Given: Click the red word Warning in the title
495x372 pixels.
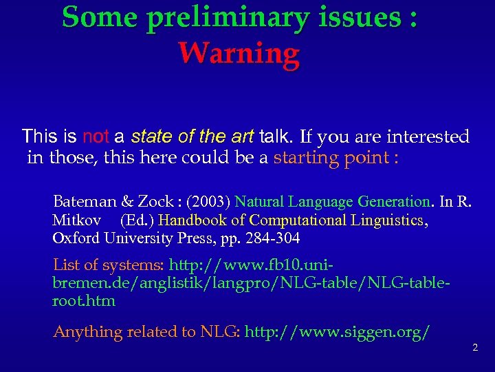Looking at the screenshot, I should [x=239, y=52].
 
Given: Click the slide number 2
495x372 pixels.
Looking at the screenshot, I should [x=474, y=347].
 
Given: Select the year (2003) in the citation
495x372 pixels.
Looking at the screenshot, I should [x=206, y=202].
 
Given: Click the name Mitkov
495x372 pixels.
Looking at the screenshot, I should [x=77, y=220].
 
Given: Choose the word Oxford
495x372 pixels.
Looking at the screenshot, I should [x=76, y=238].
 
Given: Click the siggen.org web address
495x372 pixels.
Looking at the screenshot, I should [x=338, y=332].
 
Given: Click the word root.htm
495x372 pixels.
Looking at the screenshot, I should [x=84, y=301].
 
